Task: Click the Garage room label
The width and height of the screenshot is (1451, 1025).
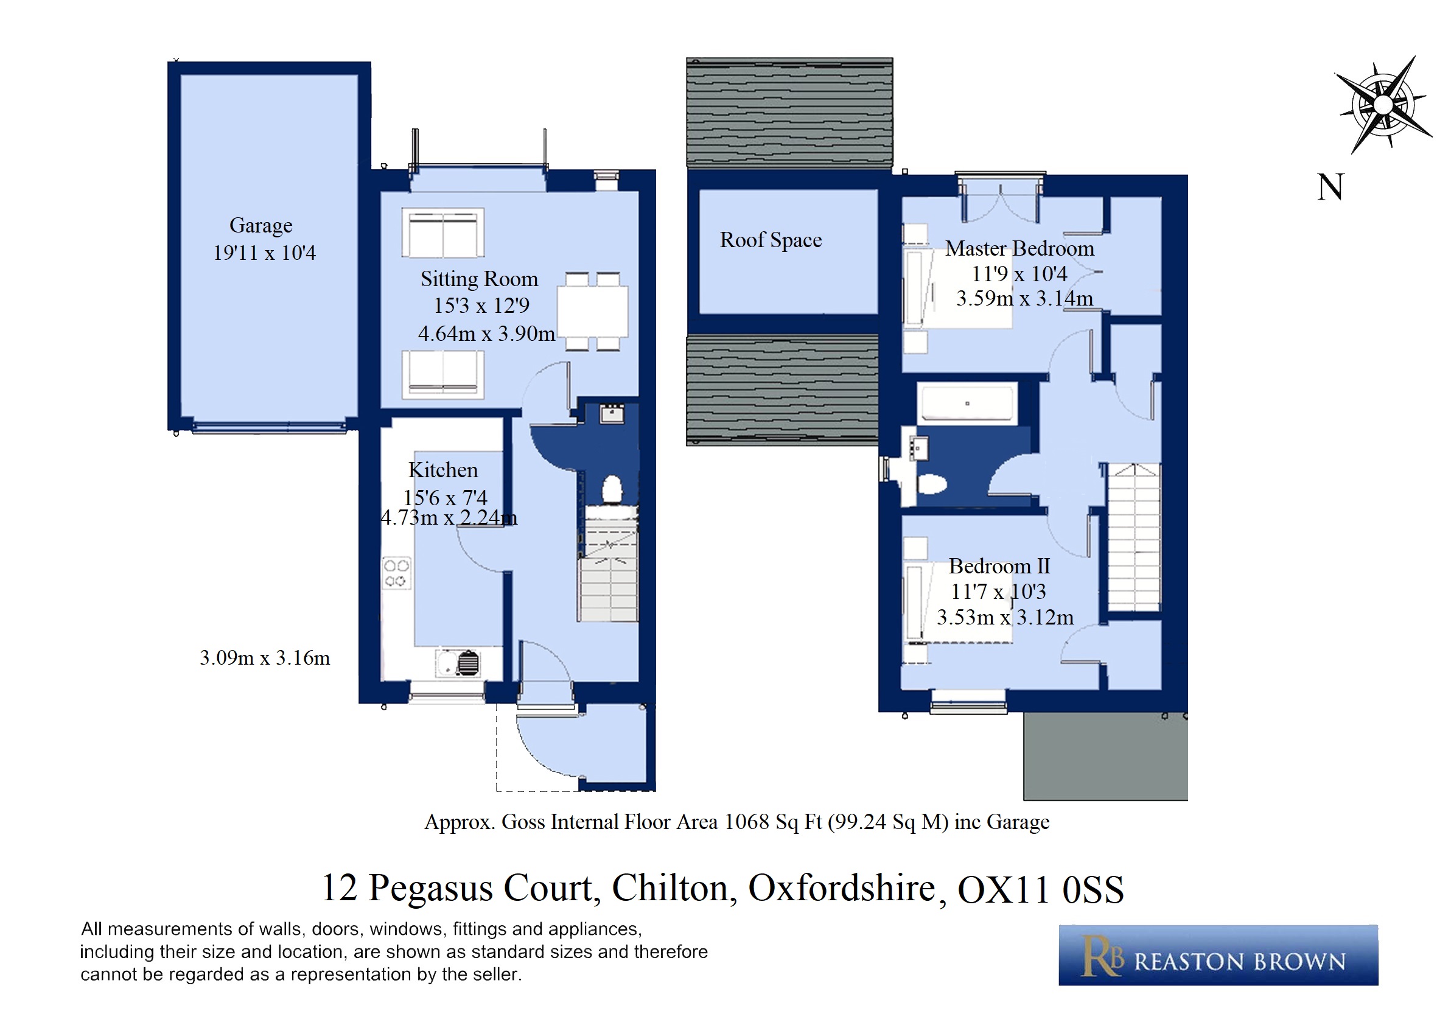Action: coord(260,226)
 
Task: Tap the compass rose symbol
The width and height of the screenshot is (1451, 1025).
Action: coord(1383,104)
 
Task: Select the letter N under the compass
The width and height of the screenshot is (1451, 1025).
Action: coord(1330,187)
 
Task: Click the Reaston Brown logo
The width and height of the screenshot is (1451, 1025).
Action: coord(1218,955)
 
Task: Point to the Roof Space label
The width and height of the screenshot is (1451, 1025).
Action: coord(771,240)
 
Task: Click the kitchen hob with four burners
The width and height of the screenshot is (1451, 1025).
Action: coord(396,573)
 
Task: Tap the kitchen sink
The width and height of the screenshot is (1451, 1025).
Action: coord(458,663)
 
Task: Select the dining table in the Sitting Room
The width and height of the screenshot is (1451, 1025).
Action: coord(592,312)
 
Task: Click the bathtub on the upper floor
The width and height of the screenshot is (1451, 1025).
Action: coord(967,403)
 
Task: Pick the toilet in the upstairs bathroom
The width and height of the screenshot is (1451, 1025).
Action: coord(931,484)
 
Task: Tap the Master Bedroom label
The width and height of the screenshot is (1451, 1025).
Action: coord(1019,248)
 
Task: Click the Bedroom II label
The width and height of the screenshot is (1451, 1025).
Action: coord(999,566)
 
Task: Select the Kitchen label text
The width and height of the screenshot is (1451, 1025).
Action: coord(443,470)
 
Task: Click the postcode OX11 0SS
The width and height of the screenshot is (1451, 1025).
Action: coord(1041,890)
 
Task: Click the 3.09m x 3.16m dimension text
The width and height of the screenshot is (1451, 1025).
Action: coord(265,658)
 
